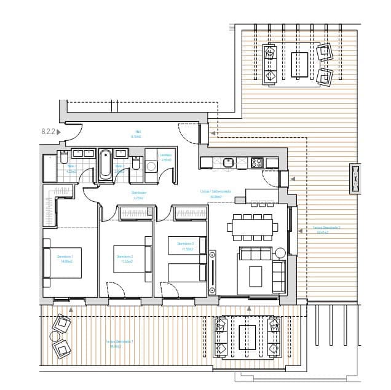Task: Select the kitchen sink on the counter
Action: pyautogui.click(x=228, y=163)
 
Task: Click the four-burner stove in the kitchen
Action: pyautogui.click(x=256, y=163)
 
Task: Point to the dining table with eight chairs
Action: pyautogui.click(x=251, y=226)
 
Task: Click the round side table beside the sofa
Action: pyautogui.click(x=280, y=252)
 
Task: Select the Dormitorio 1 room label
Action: pyautogui.click(x=65, y=258)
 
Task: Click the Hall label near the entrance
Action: pyautogui.click(x=136, y=135)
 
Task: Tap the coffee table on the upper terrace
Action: pyautogui.click(x=299, y=65)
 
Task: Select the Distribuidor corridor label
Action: pyautogui.click(x=138, y=195)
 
